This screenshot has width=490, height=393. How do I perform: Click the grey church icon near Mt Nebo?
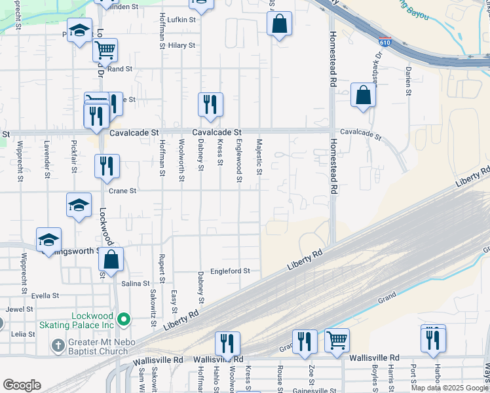[58, 345]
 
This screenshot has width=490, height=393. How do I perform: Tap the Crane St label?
[122, 191]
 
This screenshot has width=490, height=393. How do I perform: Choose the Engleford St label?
[230, 271]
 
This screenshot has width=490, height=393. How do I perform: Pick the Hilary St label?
[181, 45]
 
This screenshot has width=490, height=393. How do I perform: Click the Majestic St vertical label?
[259, 157]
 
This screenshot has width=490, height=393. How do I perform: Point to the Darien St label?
[407, 80]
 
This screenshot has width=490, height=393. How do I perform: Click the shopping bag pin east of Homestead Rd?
[362, 95]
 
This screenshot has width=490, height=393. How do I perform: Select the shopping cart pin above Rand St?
[105, 49]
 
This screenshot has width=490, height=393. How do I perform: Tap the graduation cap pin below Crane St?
[79, 205]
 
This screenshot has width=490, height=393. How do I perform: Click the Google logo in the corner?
[22, 384]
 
